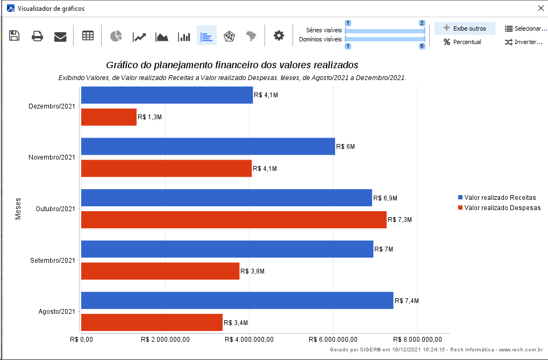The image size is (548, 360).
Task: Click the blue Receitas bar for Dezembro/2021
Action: (x=167, y=95)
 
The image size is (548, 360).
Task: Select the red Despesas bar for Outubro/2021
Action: (x=233, y=220)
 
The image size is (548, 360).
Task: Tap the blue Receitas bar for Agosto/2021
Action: (x=237, y=300)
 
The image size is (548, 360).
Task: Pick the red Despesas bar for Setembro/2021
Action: (x=160, y=271)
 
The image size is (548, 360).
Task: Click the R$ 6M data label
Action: (x=345, y=147)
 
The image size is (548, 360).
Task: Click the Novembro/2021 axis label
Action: (x=52, y=157)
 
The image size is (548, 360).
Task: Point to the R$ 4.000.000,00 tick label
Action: (x=249, y=340)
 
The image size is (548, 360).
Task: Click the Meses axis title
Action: (x=18, y=208)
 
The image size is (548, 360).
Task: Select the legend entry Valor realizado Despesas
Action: (x=502, y=208)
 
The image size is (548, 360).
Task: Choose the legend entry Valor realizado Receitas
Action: (x=500, y=198)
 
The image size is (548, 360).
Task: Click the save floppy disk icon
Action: (x=15, y=36)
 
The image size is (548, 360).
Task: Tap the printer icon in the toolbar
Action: (x=37, y=37)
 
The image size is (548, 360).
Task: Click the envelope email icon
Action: (x=60, y=37)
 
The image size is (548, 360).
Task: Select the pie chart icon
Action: (x=116, y=36)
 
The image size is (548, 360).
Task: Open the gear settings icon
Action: (x=279, y=36)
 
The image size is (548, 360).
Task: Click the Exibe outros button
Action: (x=465, y=28)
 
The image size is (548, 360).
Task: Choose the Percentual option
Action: (x=462, y=42)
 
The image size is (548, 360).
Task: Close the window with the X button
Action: (x=540, y=8)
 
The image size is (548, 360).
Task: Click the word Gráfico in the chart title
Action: (x=122, y=65)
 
